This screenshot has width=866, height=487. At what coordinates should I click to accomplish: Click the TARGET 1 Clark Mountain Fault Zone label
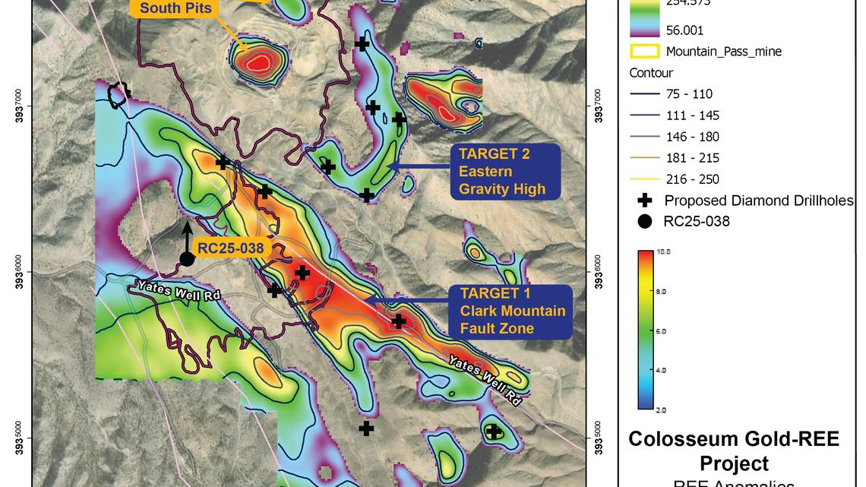(512, 311)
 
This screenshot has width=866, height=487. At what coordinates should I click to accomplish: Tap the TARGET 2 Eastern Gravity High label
(504, 172)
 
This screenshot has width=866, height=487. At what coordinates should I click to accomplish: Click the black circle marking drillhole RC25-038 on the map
(187, 259)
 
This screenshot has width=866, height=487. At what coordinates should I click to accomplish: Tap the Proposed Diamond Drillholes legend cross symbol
(644, 201)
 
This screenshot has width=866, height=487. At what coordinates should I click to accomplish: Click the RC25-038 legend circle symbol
(644, 222)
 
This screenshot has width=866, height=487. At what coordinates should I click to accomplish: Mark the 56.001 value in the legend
(684, 30)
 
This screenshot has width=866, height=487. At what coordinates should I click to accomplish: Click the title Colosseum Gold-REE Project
(733, 451)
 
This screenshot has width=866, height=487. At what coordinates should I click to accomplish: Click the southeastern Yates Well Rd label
(484, 380)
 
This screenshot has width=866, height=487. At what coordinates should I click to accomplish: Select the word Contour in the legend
(651, 73)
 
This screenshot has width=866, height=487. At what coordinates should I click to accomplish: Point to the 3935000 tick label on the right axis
(599, 438)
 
